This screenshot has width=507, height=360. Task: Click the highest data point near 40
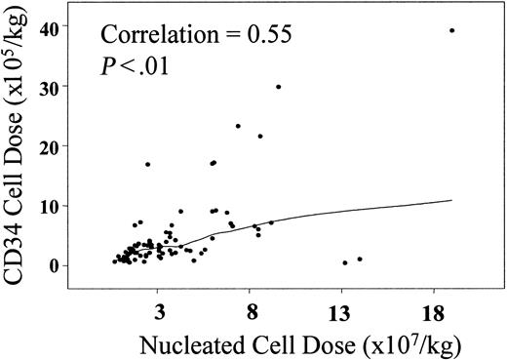[452, 30]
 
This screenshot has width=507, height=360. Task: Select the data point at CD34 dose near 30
[278, 87]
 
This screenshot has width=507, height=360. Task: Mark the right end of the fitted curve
[452, 201]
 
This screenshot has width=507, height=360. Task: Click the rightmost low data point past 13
[360, 260]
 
